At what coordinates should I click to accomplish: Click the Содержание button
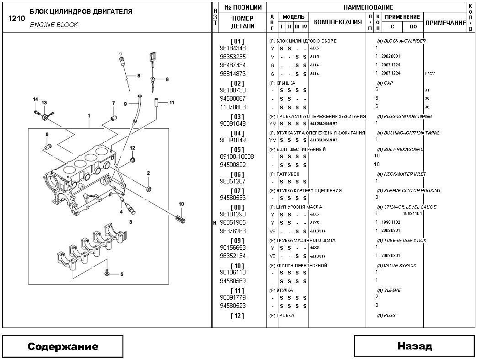(x=63, y=346)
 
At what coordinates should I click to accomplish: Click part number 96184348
(x=233, y=48)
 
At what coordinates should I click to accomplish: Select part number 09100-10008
(x=237, y=156)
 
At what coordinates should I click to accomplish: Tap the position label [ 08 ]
(x=238, y=207)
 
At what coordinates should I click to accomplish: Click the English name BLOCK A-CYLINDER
(x=404, y=41)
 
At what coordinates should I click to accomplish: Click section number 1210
(x=16, y=19)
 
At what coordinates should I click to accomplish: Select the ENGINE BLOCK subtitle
(x=54, y=25)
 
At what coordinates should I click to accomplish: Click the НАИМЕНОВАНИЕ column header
(x=368, y=7)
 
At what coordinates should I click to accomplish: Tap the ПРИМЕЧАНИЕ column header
(x=445, y=23)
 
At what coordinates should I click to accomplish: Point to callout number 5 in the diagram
(x=122, y=274)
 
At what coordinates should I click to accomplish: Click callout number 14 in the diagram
(x=35, y=100)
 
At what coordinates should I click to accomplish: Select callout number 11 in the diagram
(x=171, y=102)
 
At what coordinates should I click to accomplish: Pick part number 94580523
(x=233, y=306)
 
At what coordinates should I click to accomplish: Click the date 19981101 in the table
(x=412, y=214)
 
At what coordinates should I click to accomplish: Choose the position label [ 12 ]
(x=238, y=316)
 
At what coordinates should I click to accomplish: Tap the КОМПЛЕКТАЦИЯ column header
(x=338, y=22)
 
